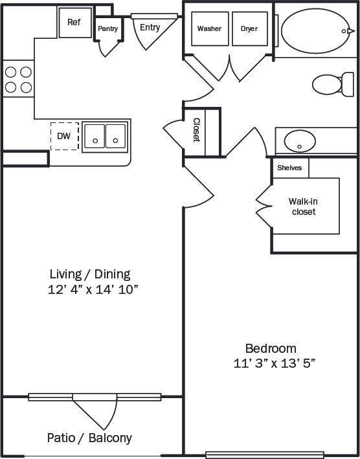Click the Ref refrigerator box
74,23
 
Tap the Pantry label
107,28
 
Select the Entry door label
150,28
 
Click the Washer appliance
209,29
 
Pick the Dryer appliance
249,29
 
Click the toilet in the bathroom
330,84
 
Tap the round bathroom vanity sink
300,140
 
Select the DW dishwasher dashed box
64,136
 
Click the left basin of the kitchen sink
95,136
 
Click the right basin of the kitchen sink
115,136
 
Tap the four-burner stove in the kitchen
19,80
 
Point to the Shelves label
289,168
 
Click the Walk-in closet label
303,207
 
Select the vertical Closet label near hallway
196,131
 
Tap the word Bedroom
270,348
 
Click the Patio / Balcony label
89,438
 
